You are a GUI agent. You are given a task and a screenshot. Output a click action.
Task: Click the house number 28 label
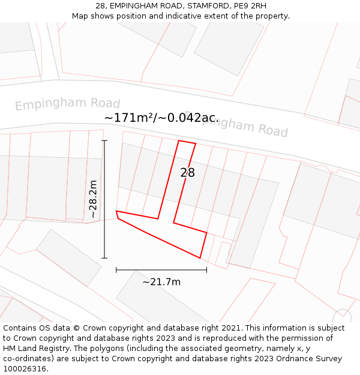[188, 173]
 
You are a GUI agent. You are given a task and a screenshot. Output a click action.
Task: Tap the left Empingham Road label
[67, 104]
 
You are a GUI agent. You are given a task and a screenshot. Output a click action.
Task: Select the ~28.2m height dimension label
[93, 200]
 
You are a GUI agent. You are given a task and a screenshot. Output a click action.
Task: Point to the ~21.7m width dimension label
[161, 281]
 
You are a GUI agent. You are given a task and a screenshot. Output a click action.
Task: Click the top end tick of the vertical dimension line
[104, 141]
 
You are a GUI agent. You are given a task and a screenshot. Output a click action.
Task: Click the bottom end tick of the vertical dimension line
[104, 258]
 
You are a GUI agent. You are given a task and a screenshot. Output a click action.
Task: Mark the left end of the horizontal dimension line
[116, 270]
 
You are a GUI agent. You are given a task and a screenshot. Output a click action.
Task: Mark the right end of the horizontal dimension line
[206, 270]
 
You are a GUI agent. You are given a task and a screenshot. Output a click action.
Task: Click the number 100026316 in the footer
[25, 368]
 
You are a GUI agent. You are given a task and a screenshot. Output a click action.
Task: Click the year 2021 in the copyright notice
[231, 328]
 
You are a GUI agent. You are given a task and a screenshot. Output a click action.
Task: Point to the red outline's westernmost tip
[116, 212]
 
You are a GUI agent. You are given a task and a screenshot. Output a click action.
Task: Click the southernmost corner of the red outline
[200, 258]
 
